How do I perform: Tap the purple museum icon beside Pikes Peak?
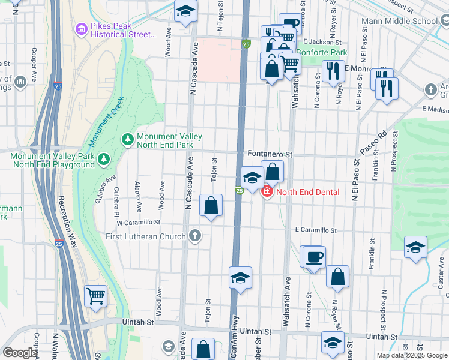coord(80,29)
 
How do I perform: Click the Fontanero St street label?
coord(270,154)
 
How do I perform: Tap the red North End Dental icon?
coord(266,191)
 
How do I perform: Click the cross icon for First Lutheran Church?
coord(194,236)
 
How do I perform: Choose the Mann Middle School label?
coord(400,21)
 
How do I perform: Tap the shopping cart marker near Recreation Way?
coord(95,295)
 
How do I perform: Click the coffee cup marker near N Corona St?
coord(314,257)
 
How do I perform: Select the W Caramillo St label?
coord(138,222)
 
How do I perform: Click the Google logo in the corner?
coord(20,353)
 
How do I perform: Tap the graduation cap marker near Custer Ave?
coord(415,247)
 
